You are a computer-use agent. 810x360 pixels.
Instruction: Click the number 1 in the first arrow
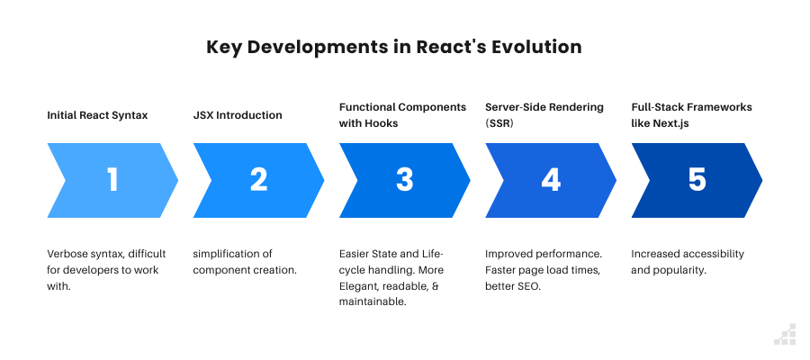click(x=112, y=180)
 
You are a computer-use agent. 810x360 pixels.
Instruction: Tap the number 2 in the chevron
click(x=258, y=180)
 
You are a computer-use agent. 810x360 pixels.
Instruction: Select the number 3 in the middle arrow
click(x=404, y=180)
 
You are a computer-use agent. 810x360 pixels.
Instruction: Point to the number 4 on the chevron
click(x=551, y=180)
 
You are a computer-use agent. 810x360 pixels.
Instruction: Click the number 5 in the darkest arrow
click(x=697, y=180)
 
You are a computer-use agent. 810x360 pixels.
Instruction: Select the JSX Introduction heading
click(x=238, y=115)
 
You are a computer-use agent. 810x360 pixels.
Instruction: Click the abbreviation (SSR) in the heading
click(x=499, y=122)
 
